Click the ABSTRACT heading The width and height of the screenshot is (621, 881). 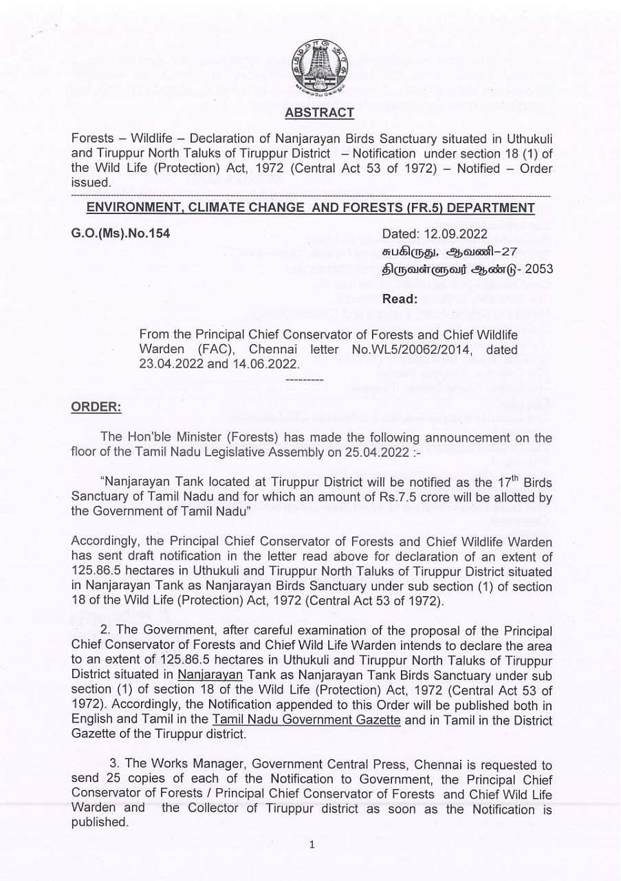319,113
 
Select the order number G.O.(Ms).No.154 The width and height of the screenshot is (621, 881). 121,233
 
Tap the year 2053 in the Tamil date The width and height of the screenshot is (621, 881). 538,269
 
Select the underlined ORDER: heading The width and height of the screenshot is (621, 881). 96,407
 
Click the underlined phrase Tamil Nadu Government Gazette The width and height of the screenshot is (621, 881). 306,719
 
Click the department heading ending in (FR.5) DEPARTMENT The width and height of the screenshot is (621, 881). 310,208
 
